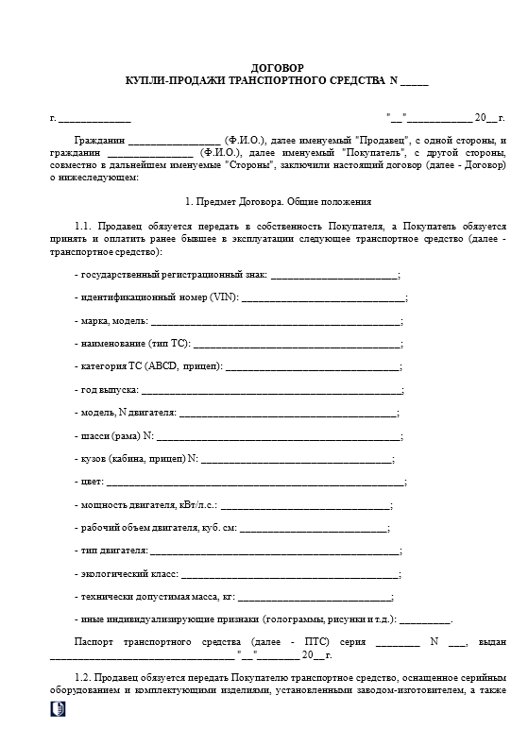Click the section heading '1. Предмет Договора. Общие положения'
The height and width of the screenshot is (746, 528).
[x=278, y=201]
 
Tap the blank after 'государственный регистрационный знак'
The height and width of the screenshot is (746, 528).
[x=334, y=275]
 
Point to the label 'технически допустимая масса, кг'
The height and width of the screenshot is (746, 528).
[x=156, y=597]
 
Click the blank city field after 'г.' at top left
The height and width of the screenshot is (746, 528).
[x=94, y=119]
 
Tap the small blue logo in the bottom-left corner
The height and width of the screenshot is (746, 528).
[x=59, y=711]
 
